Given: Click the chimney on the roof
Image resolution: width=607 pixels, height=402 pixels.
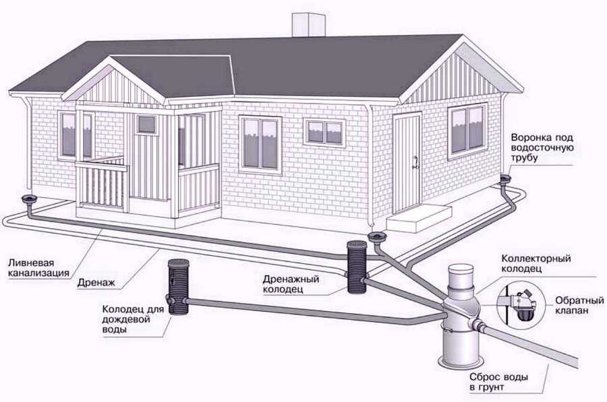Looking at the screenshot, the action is click(308, 25).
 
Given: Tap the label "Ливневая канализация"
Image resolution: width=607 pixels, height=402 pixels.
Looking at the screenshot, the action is click(38, 268).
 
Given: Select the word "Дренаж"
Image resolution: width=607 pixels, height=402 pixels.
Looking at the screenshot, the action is click(96, 283).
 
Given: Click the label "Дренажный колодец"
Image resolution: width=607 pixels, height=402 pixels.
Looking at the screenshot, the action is click(291, 284).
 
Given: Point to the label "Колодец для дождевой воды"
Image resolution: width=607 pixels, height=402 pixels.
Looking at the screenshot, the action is click(133, 319).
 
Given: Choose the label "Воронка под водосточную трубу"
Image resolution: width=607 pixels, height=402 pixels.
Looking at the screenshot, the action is click(542, 148).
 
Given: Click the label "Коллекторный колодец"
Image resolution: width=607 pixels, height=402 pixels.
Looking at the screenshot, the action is click(536, 263).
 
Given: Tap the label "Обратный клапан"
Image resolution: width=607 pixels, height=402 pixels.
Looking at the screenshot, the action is click(579, 305).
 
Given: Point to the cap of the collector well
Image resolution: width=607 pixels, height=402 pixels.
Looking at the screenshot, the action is click(460, 276).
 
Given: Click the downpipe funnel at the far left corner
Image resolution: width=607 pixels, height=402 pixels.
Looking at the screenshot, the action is click(30, 200).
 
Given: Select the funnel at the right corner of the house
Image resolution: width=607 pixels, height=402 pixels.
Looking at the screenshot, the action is click(505, 179).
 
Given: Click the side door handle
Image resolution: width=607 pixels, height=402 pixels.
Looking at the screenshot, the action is click(415, 162).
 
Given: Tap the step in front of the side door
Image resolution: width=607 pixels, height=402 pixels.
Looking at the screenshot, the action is click(420, 218).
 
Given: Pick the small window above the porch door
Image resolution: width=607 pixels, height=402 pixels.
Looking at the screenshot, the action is click(147, 124).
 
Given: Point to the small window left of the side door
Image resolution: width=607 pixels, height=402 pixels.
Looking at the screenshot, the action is click(325, 132).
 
